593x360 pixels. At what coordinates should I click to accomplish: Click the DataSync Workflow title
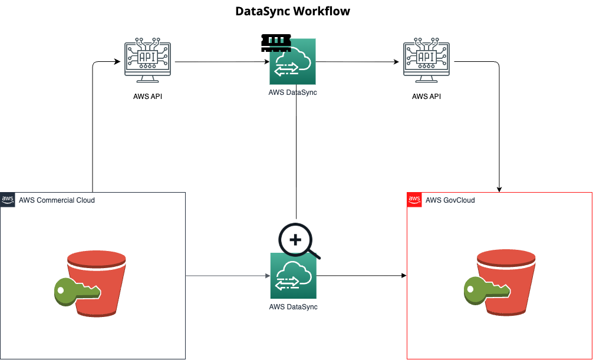(x=292, y=11)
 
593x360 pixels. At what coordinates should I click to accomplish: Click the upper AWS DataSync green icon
(x=293, y=61)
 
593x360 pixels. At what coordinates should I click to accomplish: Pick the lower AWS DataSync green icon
(x=293, y=276)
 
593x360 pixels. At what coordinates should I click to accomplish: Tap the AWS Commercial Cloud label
(x=57, y=200)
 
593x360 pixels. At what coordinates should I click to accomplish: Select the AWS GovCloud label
(x=450, y=200)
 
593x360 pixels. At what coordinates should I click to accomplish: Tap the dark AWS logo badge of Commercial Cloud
(x=8, y=199)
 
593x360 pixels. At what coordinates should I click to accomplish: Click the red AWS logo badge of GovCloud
(x=414, y=199)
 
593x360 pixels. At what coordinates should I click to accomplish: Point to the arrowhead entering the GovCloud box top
(x=499, y=189)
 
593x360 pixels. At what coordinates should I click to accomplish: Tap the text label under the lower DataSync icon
(x=293, y=306)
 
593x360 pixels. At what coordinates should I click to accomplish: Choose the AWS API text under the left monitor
(x=147, y=96)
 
